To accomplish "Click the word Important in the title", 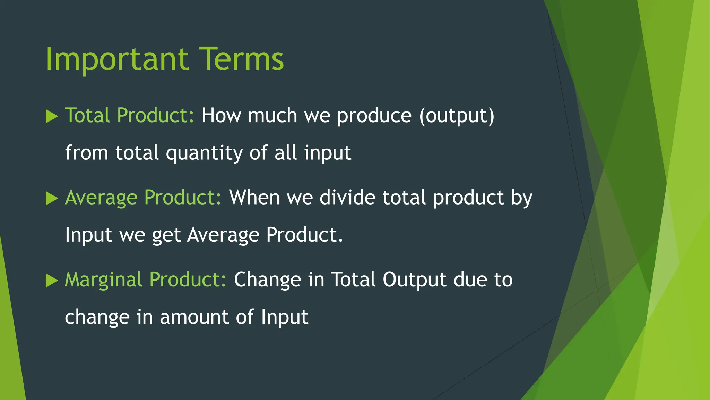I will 117,60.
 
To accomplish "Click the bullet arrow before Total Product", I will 52,116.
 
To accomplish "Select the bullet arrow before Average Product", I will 52,199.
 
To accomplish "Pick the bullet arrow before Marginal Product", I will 52,281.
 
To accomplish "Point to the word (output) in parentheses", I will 457,116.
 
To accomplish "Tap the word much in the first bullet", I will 272,115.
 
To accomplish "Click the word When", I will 254,197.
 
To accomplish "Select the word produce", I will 374,116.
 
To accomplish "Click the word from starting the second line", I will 86,153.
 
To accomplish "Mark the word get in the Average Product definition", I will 166,235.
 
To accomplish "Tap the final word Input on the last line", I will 284,317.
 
